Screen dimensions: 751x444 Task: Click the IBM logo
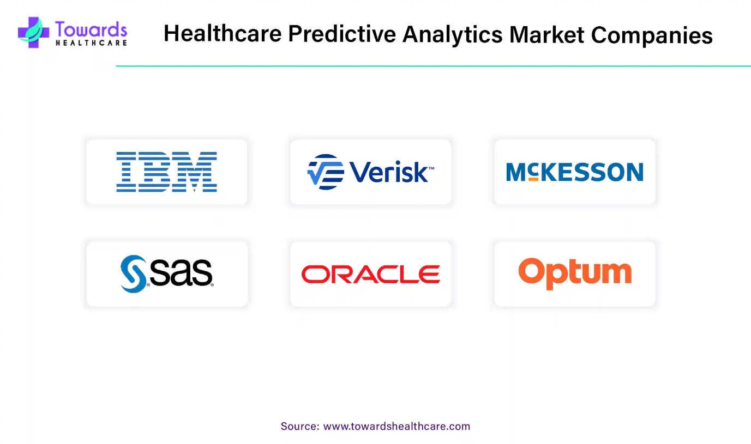point(167,172)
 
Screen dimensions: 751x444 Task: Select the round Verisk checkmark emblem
point(326,172)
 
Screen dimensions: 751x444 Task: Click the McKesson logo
point(575,172)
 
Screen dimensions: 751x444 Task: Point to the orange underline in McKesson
point(533,179)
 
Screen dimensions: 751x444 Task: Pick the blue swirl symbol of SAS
point(133,274)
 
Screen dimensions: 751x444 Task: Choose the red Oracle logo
point(370,274)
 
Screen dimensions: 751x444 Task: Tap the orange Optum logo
point(575,273)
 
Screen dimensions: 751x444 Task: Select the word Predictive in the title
point(342,34)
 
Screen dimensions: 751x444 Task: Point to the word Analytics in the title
point(452,35)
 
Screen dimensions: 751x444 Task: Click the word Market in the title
point(546,34)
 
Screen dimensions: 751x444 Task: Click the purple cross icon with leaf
point(33,32)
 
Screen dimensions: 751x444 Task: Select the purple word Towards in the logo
point(91,29)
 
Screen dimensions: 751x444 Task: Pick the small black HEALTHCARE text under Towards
point(91,43)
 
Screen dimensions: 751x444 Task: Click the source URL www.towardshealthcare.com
point(396,426)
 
